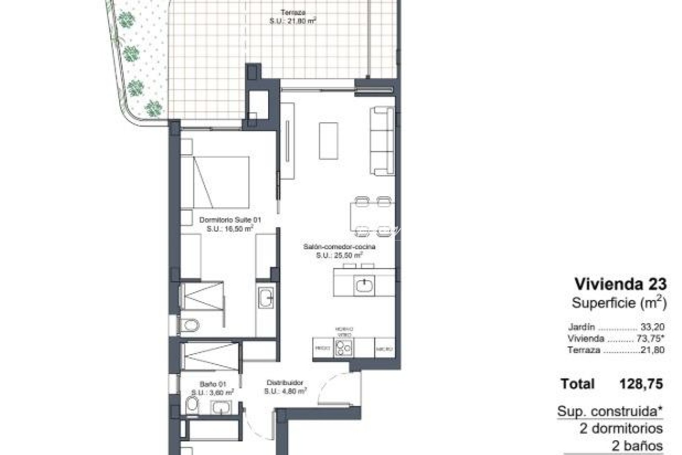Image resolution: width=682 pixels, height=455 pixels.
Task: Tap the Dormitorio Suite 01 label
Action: tap(230, 220)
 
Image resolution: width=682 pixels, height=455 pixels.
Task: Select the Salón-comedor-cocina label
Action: tap(339, 247)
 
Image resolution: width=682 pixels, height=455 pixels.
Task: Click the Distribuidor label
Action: tap(285, 383)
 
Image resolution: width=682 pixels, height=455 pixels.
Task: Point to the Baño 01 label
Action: tap(213, 384)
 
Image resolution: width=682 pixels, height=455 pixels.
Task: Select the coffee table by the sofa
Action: tap(328, 141)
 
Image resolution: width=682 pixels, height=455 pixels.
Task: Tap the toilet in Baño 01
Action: tap(192, 406)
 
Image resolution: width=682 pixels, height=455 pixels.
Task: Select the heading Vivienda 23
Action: tap(621, 284)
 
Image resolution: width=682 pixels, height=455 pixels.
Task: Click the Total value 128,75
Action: tap(641, 384)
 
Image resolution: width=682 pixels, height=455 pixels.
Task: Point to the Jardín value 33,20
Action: tap(653, 327)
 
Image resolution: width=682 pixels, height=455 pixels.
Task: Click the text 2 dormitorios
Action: tap(621, 429)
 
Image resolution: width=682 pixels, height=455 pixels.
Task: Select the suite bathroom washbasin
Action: tap(266, 298)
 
